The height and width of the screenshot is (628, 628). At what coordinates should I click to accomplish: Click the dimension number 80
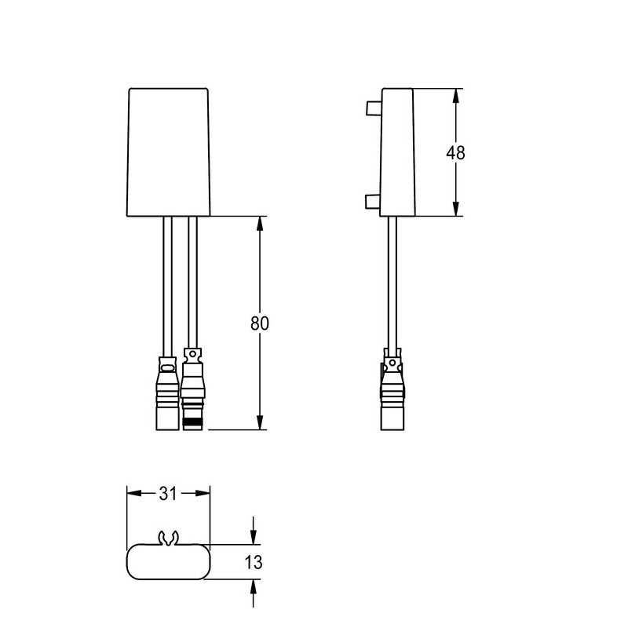click(x=260, y=323)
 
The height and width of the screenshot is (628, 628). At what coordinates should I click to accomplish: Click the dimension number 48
click(x=455, y=153)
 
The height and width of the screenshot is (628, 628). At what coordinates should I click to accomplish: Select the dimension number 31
click(x=168, y=493)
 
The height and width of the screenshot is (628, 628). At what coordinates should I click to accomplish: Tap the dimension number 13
click(x=253, y=562)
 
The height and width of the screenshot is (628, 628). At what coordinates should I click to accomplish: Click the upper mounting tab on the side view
click(x=373, y=108)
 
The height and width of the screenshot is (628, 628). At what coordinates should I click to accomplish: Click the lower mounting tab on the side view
click(x=373, y=203)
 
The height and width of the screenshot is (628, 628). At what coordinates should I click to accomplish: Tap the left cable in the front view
click(x=166, y=283)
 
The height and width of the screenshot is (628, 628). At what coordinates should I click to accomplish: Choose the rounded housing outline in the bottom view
click(x=169, y=562)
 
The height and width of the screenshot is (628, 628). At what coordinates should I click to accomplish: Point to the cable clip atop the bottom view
click(x=168, y=539)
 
